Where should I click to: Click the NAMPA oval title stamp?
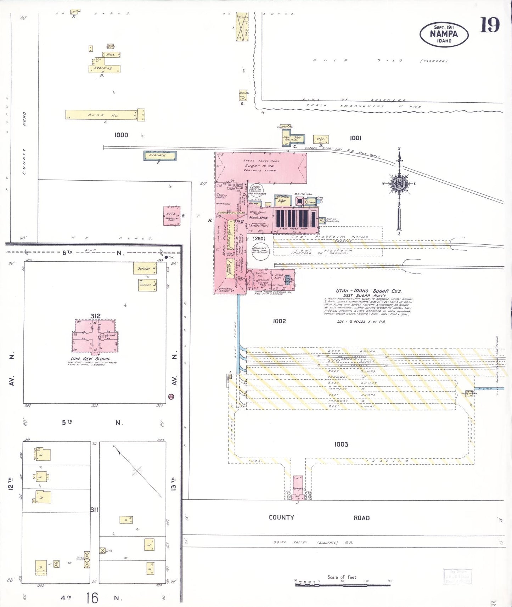point(444,34)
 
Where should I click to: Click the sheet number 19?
point(489,25)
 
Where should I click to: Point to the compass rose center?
point(399,183)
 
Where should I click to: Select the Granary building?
point(159,155)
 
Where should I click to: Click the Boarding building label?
point(103,68)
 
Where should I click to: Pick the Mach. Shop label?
point(258,217)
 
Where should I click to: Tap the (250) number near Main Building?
point(259,238)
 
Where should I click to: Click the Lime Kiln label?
point(279,276)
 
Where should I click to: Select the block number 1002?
point(279,321)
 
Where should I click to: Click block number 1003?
point(341,444)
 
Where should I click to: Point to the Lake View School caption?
point(90,359)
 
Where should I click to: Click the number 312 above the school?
point(95,316)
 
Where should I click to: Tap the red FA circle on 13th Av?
point(171,397)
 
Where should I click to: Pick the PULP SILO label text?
point(358,61)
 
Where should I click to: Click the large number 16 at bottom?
point(92,598)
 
